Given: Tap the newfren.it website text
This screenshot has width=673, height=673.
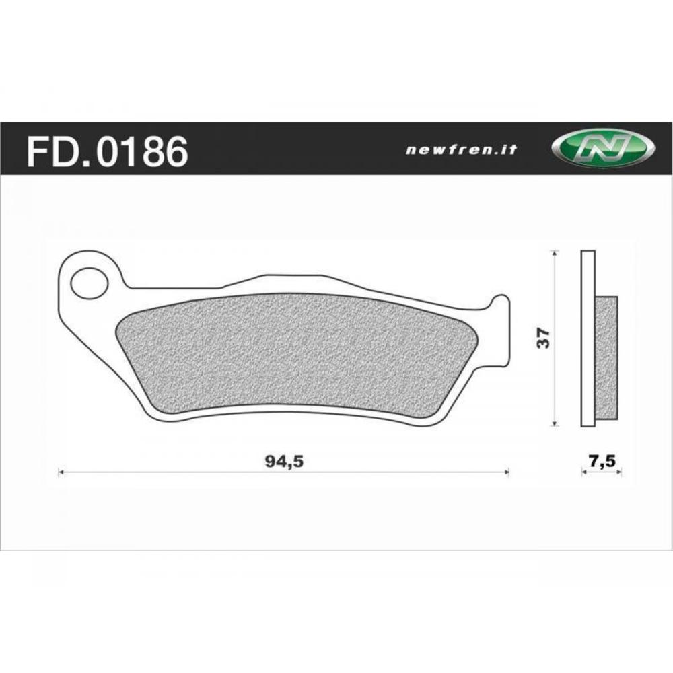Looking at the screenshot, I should coord(461,150).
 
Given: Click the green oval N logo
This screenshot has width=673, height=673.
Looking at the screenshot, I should coord(602,149).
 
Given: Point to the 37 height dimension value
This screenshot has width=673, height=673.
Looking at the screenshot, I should coord(546,338).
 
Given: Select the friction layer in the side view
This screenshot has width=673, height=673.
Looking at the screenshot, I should coord(606,357).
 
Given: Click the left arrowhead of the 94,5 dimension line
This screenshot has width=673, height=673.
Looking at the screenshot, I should coord(61,473).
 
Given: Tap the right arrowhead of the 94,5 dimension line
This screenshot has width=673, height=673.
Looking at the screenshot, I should coord(507,473).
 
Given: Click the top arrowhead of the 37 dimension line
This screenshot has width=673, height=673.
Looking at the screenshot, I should coord(554,253).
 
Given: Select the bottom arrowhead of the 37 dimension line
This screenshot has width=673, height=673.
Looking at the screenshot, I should coord(554,423).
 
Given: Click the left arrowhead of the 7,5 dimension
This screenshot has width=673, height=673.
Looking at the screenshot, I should coord(583,473).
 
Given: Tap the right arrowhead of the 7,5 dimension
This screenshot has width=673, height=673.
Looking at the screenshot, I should coord(619,473).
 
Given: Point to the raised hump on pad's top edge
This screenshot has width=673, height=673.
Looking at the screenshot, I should coord(289,278).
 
